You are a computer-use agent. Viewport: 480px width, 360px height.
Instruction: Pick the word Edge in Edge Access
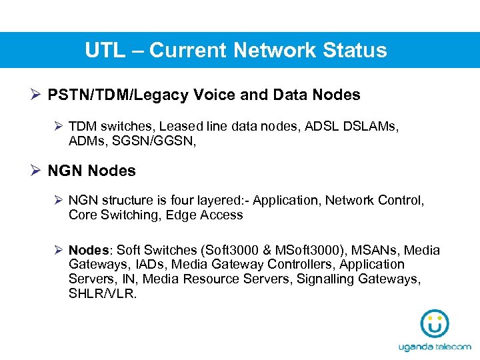pos(181,215)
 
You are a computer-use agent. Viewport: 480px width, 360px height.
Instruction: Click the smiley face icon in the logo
pos(434,324)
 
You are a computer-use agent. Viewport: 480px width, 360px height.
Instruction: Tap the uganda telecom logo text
pos(434,347)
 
